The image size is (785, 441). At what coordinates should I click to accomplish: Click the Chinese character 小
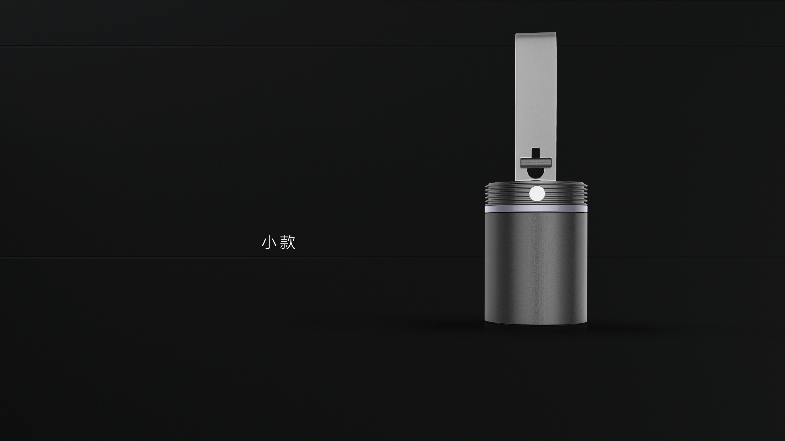269,242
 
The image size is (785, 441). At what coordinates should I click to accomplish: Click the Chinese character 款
287,242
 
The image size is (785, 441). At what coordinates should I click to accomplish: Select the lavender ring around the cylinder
536,208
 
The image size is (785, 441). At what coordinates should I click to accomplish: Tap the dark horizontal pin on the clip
535,162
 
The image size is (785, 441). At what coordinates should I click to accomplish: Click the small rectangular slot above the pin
535,152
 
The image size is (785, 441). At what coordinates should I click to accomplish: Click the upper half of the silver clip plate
535,76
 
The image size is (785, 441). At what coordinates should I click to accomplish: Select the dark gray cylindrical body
536,268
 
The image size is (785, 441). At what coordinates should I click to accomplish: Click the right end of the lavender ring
586,209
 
